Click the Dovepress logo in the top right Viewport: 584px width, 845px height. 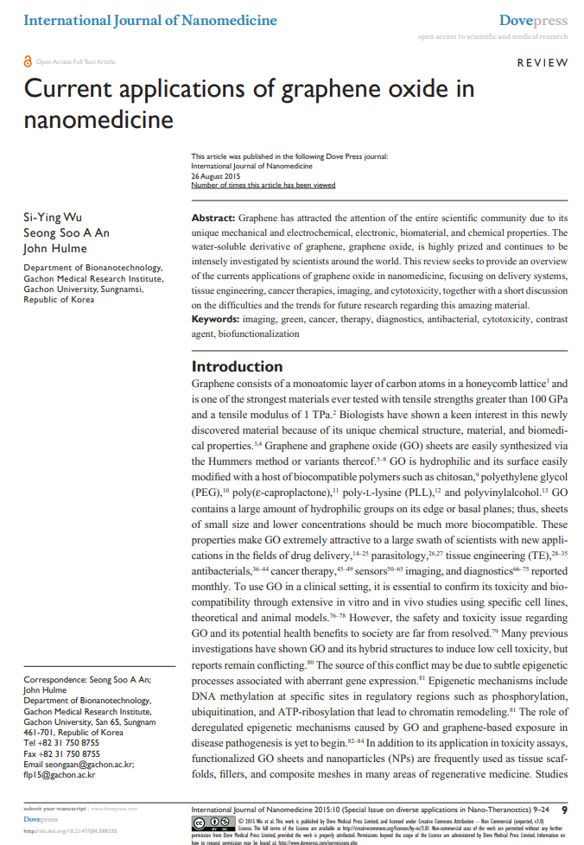pos(533,20)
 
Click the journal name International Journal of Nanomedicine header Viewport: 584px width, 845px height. pos(150,19)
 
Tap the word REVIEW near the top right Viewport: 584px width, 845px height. pos(543,63)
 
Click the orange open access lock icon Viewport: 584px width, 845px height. pos(28,61)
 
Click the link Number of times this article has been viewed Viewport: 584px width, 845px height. pos(263,185)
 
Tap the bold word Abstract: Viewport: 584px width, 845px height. pos(213,219)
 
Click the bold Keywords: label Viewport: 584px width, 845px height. pos(216,320)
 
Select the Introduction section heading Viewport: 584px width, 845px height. pos(237,366)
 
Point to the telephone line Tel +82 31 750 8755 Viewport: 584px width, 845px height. pos(61,742)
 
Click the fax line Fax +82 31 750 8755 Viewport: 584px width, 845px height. pos(61,753)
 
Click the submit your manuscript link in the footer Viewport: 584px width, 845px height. pos(54,808)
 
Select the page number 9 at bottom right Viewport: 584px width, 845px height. pos(564,810)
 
